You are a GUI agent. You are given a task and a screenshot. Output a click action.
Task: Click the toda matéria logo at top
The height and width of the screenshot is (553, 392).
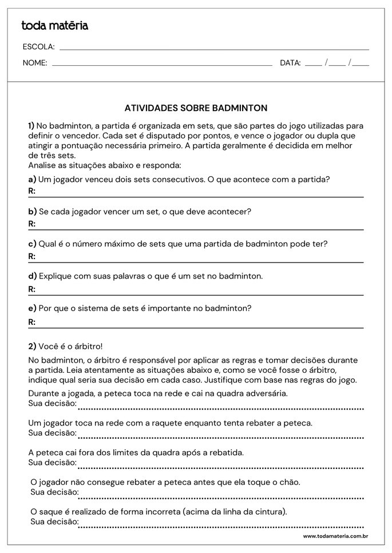pyautogui.click(x=54, y=25)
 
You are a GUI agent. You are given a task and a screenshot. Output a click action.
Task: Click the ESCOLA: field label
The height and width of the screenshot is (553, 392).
pyautogui.click(x=38, y=47)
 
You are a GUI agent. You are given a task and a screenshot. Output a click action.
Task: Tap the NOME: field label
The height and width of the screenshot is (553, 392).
pyautogui.click(x=35, y=63)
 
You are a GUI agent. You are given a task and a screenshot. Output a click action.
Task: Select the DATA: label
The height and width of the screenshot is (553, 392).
pyautogui.click(x=290, y=63)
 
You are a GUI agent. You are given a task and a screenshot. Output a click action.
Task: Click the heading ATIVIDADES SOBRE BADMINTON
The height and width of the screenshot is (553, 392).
pyautogui.click(x=196, y=108)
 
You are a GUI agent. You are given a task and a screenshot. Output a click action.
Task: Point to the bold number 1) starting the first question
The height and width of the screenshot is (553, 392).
pyautogui.click(x=31, y=126)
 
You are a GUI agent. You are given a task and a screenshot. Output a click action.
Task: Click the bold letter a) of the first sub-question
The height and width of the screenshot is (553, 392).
pyautogui.click(x=32, y=179)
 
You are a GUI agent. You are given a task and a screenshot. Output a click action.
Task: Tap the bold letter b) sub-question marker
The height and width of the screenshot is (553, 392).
pyautogui.click(x=32, y=212)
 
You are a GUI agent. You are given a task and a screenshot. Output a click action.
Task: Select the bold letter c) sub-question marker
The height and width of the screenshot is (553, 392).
pyautogui.click(x=32, y=244)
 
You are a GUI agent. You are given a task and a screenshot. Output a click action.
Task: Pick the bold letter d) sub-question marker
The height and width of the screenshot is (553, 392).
pyautogui.click(x=32, y=276)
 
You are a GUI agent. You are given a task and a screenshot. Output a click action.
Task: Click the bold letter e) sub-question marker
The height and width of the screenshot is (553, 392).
pyautogui.click(x=32, y=308)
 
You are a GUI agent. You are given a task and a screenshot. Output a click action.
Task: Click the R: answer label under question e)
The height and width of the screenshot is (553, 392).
pyautogui.click(x=32, y=322)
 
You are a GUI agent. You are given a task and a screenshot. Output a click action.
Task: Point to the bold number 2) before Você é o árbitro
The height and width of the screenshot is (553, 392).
pyautogui.click(x=32, y=346)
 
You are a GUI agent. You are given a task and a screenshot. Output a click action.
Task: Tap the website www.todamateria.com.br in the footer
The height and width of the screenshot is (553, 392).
pyautogui.click(x=335, y=536)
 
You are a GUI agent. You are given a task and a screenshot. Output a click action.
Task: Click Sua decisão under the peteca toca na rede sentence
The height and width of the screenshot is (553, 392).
pyautogui.click(x=52, y=403)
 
